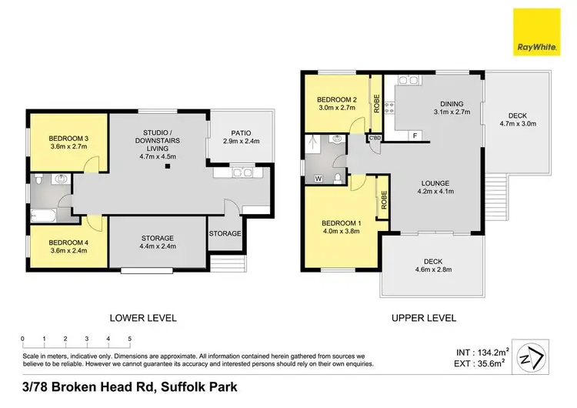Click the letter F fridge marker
(415, 135)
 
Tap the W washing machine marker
(318, 179)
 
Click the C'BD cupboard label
(375, 138)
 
